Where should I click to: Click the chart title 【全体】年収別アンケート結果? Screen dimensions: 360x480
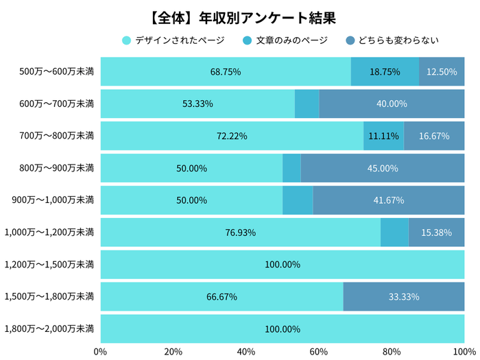pyautogui.click(x=240, y=16)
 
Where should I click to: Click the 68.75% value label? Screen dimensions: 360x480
pyautogui.click(x=226, y=71)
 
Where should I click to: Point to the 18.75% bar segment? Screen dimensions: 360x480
pyautogui.click(x=385, y=71)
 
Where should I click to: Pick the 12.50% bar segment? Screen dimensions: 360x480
pyautogui.click(x=442, y=71)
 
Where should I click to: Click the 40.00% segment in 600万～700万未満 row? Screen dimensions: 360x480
pyautogui.click(x=392, y=104)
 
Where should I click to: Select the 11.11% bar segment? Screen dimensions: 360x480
pyautogui.click(x=383, y=136)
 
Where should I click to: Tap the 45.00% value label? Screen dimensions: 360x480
pyautogui.click(x=383, y=168)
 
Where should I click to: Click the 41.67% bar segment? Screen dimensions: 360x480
pyautogui.click(x=388, y=200)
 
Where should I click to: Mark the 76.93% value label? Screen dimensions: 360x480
pyautogui.click(x=241, y=232)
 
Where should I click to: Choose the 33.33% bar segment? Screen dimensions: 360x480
pyautogui.click(x=403, y=297)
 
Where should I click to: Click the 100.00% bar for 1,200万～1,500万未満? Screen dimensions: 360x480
pyautogui.click(x=282, y=265)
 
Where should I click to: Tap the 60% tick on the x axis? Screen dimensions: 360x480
pyautogui.click(x=318, y=352)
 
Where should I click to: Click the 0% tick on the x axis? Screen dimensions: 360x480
pyautogui.click(x=100, y=352)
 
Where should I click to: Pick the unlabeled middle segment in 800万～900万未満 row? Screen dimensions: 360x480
pyautogui.click(x=291, y=168)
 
